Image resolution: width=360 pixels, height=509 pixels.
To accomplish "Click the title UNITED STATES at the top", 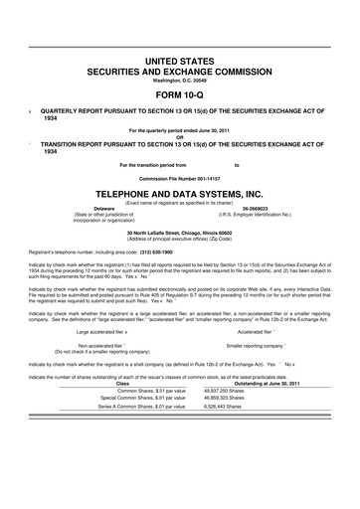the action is pos(180,62).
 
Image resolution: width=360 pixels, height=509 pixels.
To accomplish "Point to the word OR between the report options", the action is pos(180,136).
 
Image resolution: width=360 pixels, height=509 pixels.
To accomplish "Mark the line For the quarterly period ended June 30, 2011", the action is pos(180,129).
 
